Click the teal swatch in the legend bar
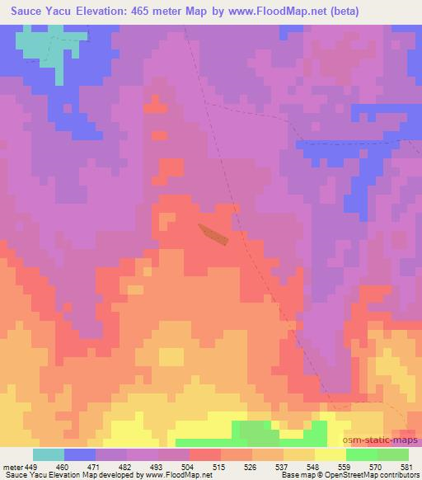49,454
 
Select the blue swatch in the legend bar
80,454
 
